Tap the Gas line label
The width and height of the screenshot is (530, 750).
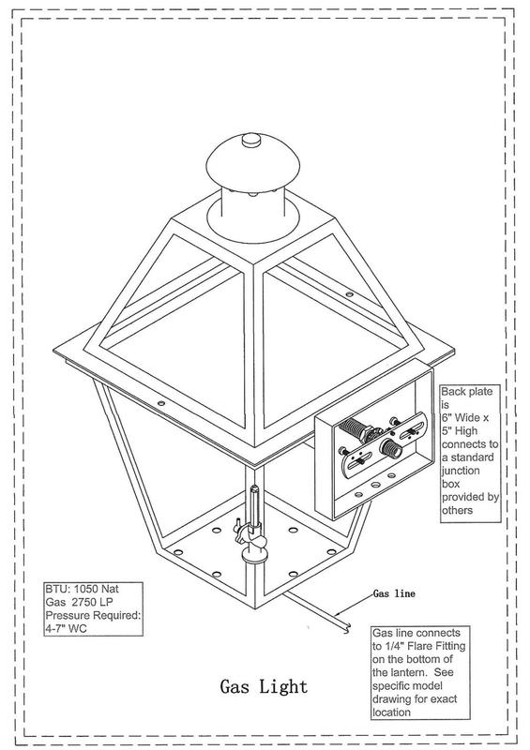[395, 594]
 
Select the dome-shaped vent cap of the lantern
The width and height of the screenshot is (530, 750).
[248, 163]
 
